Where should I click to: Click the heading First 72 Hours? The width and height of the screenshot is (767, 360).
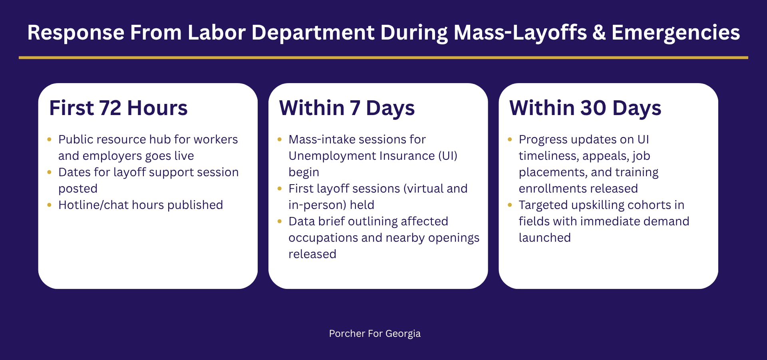click(118, 108)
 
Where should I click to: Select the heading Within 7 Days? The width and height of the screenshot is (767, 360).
click(347, 108)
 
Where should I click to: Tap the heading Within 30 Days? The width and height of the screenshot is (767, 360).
click(585, 108)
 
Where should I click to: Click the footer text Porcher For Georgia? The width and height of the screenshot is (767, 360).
click(375, 334)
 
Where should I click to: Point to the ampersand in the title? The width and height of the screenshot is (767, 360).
click(599, 33)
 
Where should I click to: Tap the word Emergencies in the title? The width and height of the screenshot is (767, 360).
click(676, 33)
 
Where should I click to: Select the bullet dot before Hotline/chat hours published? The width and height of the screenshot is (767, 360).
click(49, 205)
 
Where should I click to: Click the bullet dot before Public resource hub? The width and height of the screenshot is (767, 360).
click(49, 139)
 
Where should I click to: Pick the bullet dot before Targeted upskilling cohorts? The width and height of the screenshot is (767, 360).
click(510, 205)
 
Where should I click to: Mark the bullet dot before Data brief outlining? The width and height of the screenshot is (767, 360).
click(280, 221)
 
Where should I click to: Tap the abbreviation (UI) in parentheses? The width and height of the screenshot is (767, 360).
click(448, 156)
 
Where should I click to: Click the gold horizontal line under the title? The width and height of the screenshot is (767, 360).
click(383, 58)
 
